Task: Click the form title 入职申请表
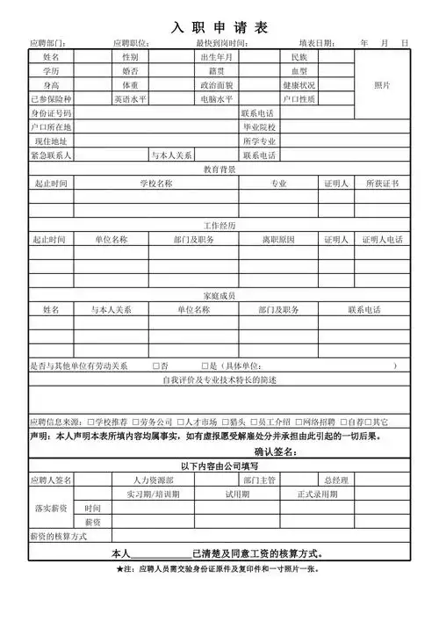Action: pyautogui.click(x=219, y=27)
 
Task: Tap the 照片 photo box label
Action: pyautogui.click(x=382, y=85)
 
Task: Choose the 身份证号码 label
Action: pyautogui.click(x=50, y=113)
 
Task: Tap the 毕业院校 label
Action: pyautogui.click(x=259, y=127)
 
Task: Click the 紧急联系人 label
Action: pyautogui.click(x=50, y=155)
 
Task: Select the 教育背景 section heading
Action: pyautogui.click(x=219, y=170)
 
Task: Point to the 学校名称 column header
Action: pyautogui.click(x=155, y=184)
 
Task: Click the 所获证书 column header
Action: pyautogui.click(x=382, y=184)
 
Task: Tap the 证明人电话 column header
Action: pyautogui.click(x=382, y=240)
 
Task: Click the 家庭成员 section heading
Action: pyautogui.click(x=219, y=296)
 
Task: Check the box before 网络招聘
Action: pyautogui.click(x=299, y=422)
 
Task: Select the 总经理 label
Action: pyautogui.click(x=336, y=480)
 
